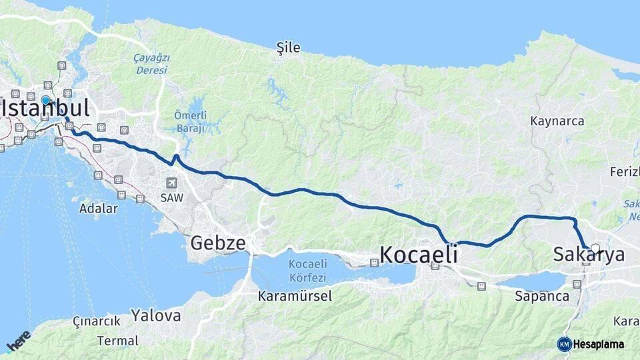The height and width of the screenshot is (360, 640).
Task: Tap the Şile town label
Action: [x=289, y=48]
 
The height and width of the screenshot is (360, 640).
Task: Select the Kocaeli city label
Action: [x=419, y=255]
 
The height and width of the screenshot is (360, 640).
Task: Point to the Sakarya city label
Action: [x=589, y=255]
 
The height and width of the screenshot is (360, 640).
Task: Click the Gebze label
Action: [x=218, y=243]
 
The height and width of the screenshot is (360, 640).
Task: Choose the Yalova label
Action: [x=155, y=315]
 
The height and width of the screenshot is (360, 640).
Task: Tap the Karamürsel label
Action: [x=295, y=296]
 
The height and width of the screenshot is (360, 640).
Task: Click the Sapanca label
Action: [x=542, y=297]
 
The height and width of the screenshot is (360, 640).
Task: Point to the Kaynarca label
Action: [x=557, y=121]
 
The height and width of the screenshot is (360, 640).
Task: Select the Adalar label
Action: [x=98, y=208]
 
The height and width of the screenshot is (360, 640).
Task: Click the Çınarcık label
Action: [x=97, y=321]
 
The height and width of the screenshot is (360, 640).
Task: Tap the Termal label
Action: [x=117, y=341]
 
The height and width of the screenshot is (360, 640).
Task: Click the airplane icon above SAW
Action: [x=172, y=183]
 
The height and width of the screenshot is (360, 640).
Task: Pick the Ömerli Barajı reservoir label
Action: [x=190, y=122]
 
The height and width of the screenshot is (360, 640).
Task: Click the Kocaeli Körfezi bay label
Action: [x=307, y=271]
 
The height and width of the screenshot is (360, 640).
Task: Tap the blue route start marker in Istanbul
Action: [x=45, y=101]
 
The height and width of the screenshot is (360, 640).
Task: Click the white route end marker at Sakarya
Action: [x=595, y=249]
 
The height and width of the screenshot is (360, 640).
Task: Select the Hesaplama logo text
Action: [x=598, y=344]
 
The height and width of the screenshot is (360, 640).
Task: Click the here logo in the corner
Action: [x=19, y=341]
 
